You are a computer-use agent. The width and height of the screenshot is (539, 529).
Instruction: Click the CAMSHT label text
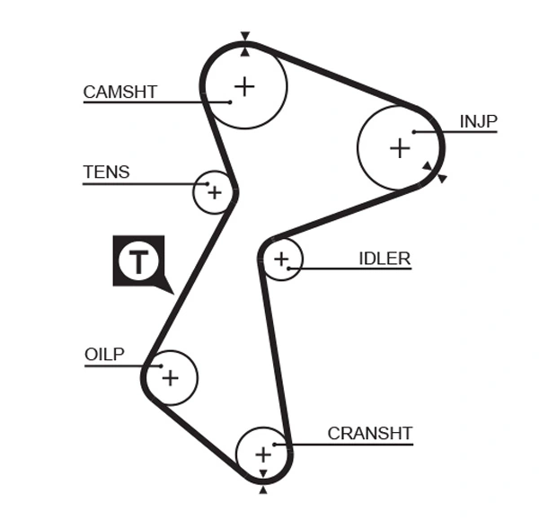point(119,92)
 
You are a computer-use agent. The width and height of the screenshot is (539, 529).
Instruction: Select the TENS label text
point(106,172)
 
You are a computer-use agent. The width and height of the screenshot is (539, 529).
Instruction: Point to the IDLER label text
point(384,259)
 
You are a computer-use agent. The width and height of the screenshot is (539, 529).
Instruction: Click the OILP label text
point(104,355)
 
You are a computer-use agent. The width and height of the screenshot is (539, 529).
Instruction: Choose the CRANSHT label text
point(369,434)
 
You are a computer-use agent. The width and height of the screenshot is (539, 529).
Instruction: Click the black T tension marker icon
point(138,261)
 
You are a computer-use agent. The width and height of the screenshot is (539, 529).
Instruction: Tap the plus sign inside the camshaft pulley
point(244,85)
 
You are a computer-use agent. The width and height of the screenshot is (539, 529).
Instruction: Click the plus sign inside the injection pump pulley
point(399,147)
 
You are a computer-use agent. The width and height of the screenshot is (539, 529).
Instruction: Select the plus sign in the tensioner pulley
point(214,191)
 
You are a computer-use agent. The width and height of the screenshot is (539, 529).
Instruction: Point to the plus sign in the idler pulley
point(281,260)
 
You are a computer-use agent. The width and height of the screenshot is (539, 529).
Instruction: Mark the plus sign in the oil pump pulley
point(170,377)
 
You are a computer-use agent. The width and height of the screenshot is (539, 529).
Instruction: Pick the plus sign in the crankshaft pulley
point(262,454)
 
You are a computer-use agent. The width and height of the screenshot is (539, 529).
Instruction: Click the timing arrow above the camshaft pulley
point(244,37)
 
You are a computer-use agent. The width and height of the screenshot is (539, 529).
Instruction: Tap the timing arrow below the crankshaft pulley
point(262,489)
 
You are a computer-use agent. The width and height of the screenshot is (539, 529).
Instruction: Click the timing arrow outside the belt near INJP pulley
point(441,178)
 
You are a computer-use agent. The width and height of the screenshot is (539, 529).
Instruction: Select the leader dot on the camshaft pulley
point(231,101)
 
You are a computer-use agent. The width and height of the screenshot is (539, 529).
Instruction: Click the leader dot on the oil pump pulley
point(159,366)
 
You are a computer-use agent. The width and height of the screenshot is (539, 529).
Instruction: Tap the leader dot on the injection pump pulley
point(414,132)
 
